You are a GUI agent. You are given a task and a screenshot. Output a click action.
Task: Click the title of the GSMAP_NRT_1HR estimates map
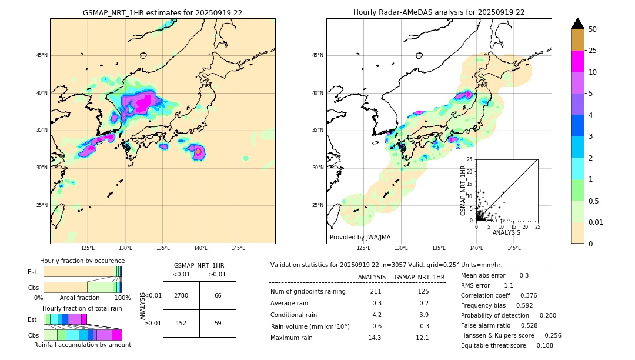(x=162, y=12)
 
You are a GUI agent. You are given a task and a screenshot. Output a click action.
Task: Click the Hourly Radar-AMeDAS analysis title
(x=439, y=12)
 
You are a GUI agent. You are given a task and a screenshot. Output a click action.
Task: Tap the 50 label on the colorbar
(x=593, y=29)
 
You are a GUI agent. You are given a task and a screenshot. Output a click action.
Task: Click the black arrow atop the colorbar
(x=578, y=24)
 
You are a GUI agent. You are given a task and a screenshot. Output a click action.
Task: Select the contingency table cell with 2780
(x=181, y=295)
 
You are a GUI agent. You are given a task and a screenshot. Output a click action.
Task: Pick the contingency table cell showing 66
(x=218, y=295)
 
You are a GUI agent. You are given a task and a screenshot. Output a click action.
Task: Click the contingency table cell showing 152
(x=181, y=322)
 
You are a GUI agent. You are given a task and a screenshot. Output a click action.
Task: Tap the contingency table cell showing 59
(x=218, y=322)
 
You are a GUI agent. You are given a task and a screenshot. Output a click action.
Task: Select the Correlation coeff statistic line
(x=499, y=295)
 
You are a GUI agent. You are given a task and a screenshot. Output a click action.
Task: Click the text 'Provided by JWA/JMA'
(x=360, y=238)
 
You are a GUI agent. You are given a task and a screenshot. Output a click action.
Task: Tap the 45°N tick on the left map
(x=42, y=55)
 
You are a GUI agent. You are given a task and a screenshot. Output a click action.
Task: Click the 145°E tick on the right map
(x=514, y=248)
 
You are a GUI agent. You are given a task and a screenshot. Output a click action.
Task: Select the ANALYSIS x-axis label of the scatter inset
(x=506, y=232)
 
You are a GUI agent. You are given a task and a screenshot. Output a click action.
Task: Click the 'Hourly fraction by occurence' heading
(x=82, y=261)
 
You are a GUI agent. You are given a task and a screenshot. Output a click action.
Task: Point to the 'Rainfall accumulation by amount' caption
(x=82, y=345)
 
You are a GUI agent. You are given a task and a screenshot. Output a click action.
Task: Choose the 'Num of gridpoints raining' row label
(x=308, y=292)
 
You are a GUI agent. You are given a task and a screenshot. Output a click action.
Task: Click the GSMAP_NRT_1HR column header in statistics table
(x=419, y=277)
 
